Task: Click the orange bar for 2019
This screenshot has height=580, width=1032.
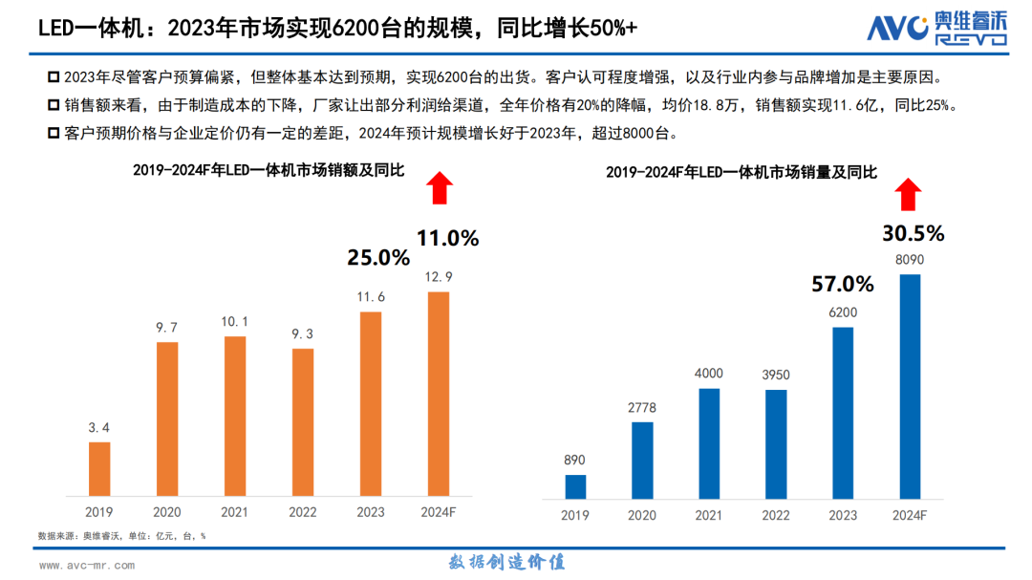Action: click(99, 468)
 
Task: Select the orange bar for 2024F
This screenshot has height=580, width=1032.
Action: click(438, 394)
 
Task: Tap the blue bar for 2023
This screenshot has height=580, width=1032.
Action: click(842, 413)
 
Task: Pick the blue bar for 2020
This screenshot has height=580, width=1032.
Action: click(642, 460)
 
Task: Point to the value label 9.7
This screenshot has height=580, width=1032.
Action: click(167, 328)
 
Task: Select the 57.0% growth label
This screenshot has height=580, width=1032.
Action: click(843, 284)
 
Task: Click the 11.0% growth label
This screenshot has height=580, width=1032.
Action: click(446, 239)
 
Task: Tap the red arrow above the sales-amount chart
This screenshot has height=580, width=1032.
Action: click(439, 187)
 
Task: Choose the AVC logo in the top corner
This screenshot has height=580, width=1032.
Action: click(936, 29)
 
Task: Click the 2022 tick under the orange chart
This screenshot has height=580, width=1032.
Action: click(302, 512)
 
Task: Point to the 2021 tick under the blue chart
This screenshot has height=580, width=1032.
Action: click(709, 515)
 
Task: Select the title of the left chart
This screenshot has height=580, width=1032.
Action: click(268, 170)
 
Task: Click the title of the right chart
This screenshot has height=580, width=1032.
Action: click(741, 172)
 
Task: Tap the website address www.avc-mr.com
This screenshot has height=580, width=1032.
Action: click(87, 565)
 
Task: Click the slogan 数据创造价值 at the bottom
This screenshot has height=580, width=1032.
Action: click(506, 562)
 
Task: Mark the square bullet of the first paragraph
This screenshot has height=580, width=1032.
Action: click(53, 75)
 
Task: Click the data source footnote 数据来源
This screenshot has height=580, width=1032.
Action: click(121, 536)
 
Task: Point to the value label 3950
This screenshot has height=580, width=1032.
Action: click(776, 375)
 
